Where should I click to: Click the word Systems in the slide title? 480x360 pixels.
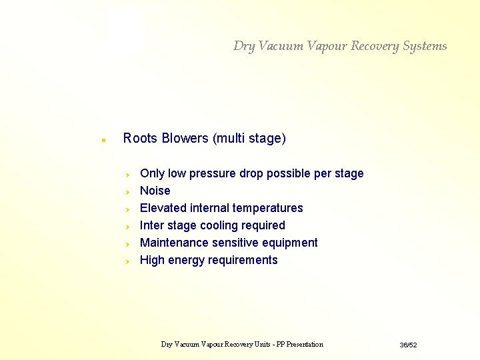click(425, 46)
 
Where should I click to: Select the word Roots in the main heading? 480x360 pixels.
click(140, 139)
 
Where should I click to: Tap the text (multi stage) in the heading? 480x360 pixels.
click(249, 139)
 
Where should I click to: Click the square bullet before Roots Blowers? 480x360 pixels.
click(103, 141)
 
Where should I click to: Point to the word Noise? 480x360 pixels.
click(155, 191)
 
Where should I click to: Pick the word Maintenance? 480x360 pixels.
click(173, 243)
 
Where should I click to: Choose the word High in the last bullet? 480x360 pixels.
click(152, 260)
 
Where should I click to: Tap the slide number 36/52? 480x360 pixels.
click(408, 345)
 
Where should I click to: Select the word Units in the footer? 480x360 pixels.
click(255, 345)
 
